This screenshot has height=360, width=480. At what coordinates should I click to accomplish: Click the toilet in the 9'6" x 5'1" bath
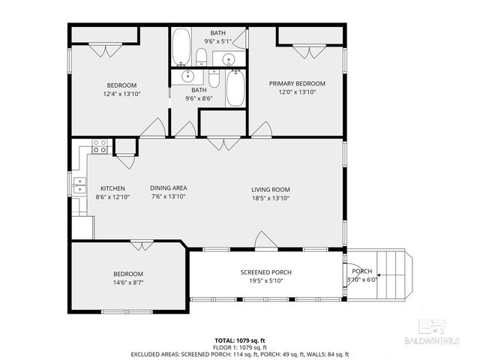click(202, 57)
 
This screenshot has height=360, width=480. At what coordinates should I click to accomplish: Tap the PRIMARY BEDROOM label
click(297, 83)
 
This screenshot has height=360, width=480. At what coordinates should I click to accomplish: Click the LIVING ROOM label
click(270, 189)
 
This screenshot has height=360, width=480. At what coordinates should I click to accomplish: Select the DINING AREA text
click(168, 188)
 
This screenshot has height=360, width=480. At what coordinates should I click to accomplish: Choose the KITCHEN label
click(112, 188)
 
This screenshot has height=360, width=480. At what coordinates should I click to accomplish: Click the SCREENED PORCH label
click(265, 272)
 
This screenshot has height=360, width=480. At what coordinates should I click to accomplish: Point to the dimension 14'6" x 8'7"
click(127, 283)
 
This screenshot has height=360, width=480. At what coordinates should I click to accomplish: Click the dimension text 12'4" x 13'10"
click(121, 94)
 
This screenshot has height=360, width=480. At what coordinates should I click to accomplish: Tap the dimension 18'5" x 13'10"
click(270, 198)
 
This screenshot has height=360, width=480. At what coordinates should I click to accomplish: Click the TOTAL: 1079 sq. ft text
click(239, 340)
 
